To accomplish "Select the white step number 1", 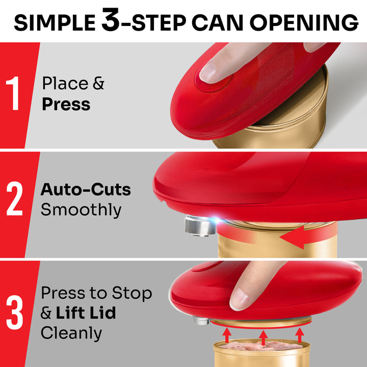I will coord(14,94).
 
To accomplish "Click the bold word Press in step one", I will coord(66,104).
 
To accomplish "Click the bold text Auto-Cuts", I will coord(86,190).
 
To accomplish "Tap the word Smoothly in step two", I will coord(81,210).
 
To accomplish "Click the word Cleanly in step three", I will coord(71,333).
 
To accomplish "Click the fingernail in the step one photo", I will coord(209,72).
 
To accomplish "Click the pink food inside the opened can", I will coord(260,347).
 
